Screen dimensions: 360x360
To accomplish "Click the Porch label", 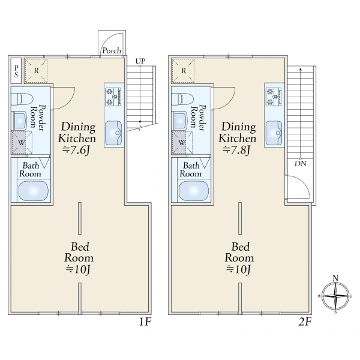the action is coord(112,50).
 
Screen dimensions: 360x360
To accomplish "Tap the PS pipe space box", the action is coord(16,71).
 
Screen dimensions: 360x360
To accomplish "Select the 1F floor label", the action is coord(145,322).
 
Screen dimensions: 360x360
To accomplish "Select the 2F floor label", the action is coord(305,322).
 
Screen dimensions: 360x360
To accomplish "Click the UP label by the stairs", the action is coord(140,61).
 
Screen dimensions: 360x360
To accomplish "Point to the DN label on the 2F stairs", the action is coord(301,164).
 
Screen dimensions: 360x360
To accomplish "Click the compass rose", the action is coord(335,296).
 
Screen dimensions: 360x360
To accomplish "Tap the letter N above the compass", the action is coord(335,278).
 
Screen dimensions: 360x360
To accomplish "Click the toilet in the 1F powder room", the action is coord(22,99).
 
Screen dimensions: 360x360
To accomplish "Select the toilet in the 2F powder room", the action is coord(182,99).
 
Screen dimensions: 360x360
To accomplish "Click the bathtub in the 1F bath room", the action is coord(34,191).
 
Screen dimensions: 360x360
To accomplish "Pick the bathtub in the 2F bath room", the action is coord(194,191).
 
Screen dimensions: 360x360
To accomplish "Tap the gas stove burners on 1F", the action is coord(113,97).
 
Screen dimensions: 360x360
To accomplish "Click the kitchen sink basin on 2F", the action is coord(274,133).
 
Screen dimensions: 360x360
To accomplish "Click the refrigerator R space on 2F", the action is coord(183,71).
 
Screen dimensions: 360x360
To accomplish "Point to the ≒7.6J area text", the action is coord(76,150).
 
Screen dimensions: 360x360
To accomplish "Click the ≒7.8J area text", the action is coord(236,150).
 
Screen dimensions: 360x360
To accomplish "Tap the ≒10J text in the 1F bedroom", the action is coord(78,269).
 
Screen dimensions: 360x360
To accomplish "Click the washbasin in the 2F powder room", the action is coord(179,121).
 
